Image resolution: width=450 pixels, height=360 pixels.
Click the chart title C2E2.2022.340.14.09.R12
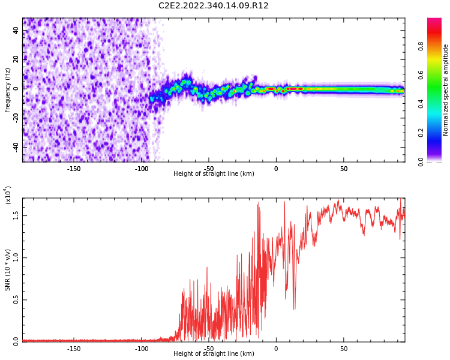click(213, 6)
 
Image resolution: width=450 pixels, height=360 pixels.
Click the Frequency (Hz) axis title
click(8, 90)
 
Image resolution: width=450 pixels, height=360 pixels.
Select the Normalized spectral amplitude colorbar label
click(446, 90)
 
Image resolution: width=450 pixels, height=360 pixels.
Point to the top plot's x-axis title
click(214, 174)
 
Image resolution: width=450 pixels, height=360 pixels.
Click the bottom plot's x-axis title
click(214, 354)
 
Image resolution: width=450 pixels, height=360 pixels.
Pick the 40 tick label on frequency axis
click(16, 31)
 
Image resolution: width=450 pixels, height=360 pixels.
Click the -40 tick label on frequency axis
click(15, 147)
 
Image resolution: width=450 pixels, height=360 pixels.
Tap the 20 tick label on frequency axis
click(16, 59)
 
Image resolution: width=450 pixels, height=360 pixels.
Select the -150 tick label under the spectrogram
click(74, 169)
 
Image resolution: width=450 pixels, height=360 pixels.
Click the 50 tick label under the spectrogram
click(344, 169)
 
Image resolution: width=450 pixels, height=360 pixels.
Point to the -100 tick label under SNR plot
click(142, 349)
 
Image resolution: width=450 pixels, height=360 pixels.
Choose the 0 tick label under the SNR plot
click(276, 349)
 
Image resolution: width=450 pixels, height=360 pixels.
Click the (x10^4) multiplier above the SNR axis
click(8, 194)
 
